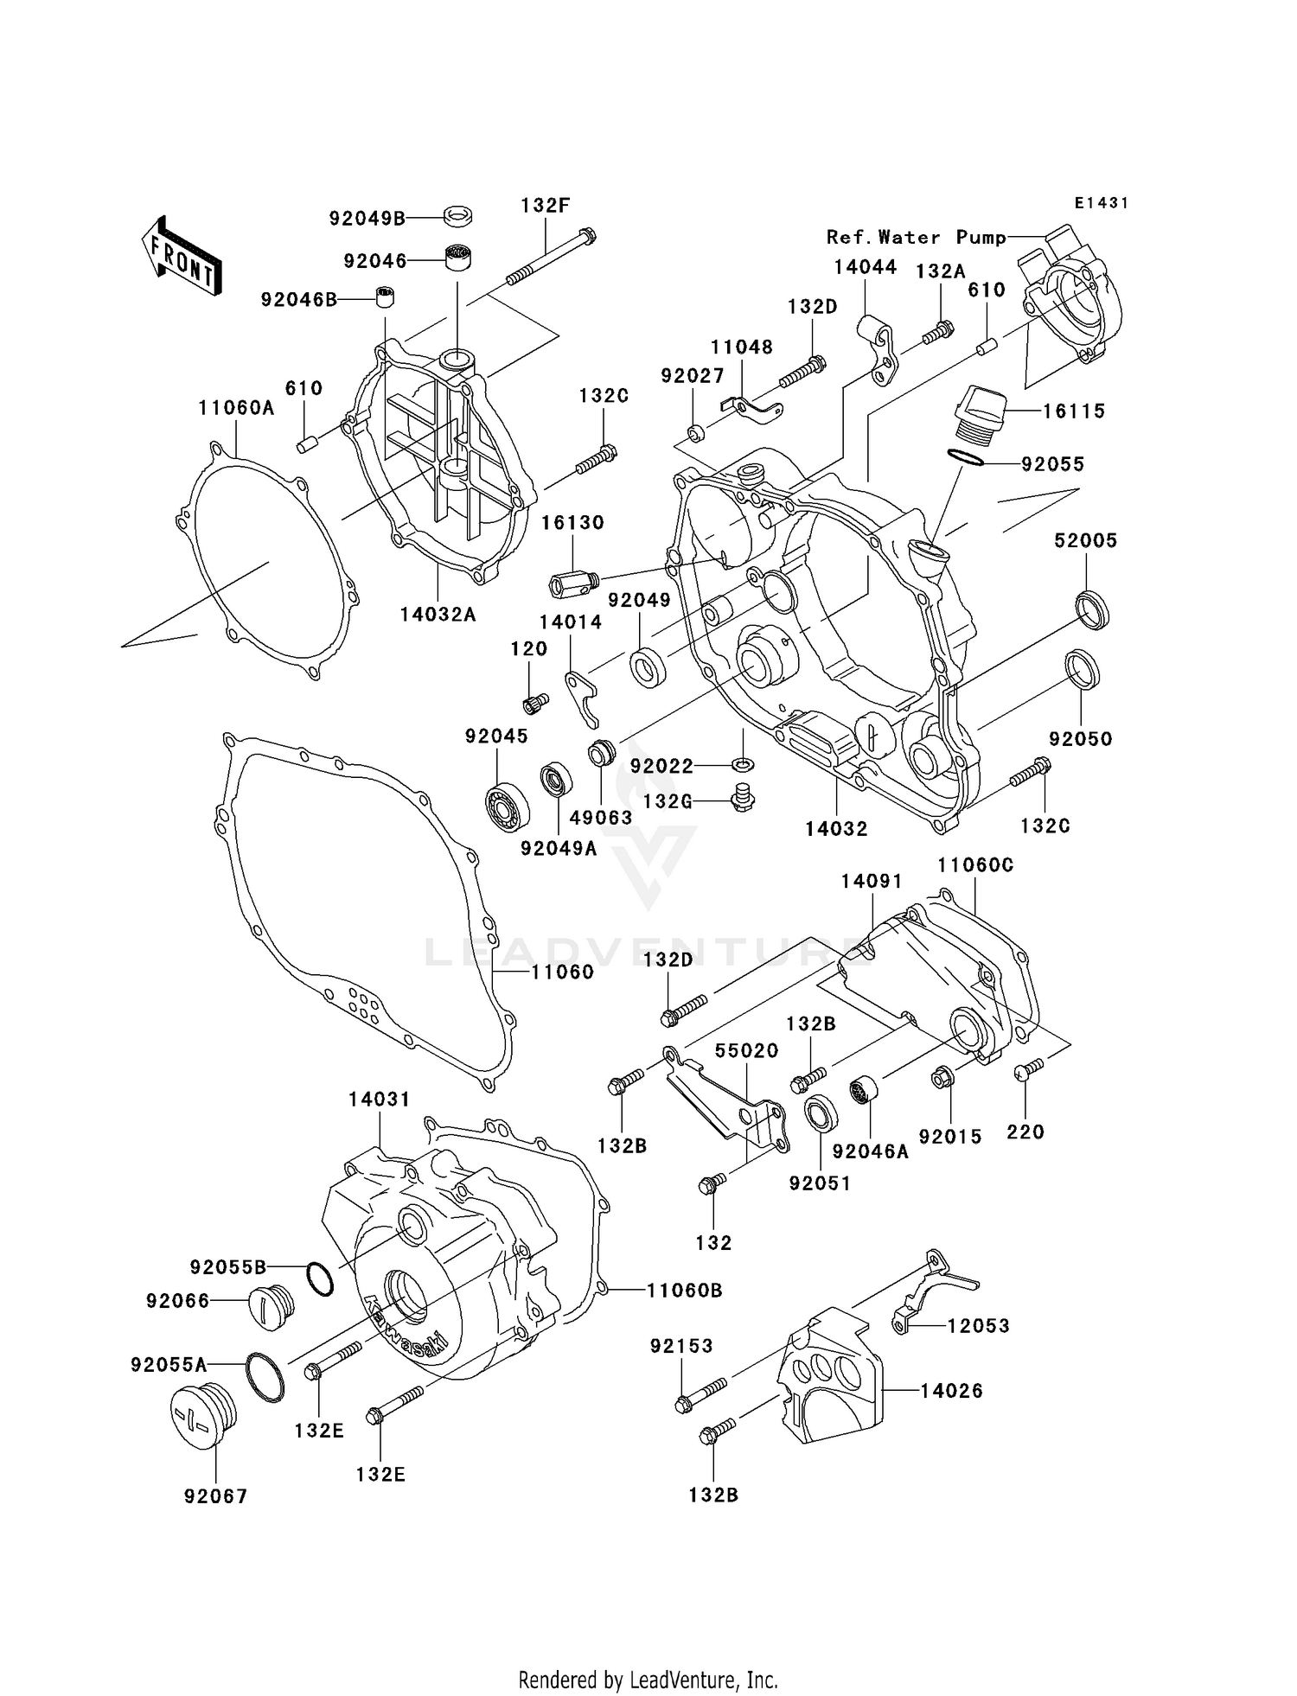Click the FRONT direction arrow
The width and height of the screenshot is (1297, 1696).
click(x=182, y=257)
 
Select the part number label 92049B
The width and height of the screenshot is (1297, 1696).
click(x=367, y=219)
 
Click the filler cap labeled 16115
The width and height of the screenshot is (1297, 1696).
click(x=980, y=414)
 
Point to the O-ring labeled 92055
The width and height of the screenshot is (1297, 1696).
click(x=966, y=458)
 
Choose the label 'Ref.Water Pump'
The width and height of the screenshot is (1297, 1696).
click(x=916, y=237)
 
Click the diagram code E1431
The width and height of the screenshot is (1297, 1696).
click(x=1101, y=203)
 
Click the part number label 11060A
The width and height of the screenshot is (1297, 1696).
click(x=236, y=408)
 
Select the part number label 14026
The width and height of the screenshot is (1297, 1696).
click(x=951, y=1391)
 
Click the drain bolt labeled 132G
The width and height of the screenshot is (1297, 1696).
click(x=741, y=796)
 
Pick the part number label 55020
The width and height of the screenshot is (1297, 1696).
click(x=746, y=1050)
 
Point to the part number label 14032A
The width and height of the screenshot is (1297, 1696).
click(x=438, y=615)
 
